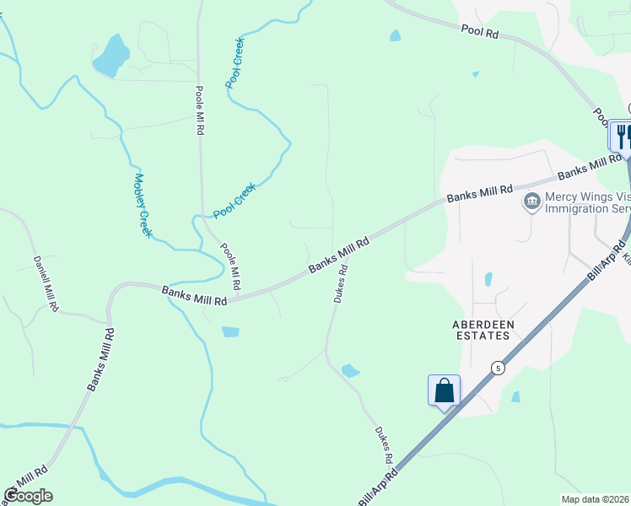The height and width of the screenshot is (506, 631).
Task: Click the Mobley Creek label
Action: click(143, 205)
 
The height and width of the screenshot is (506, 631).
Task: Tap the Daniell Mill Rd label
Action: click(46, 285)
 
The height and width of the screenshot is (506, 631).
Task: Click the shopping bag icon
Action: click(444, 390)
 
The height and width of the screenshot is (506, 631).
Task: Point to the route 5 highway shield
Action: click(499, 369)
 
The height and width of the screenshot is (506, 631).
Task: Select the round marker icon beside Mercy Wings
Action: click(531, 201)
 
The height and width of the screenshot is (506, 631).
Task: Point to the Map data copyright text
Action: click(595, 498)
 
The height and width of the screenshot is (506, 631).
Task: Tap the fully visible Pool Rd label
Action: click(481, 31)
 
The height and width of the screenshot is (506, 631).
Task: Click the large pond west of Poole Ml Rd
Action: click(111, 57)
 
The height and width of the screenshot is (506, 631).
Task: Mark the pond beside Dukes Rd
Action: click(350, 370)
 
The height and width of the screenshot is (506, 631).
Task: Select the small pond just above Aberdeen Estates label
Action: click(488, 279)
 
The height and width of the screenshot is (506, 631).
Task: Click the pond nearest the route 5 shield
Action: click(515, 396)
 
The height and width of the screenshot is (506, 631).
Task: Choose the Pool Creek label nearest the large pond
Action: click(235, 63)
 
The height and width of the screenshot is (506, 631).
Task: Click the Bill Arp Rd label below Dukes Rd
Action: click(381, 487)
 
